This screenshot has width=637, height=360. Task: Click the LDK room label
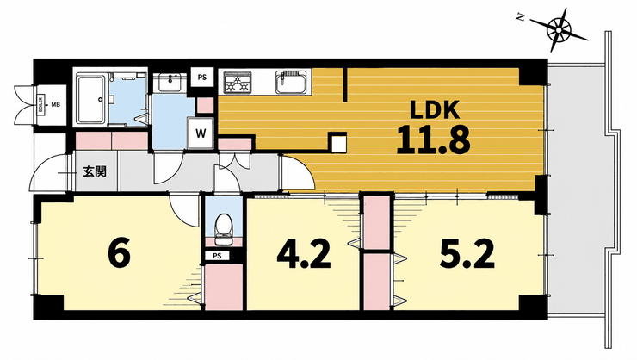pos(435,109)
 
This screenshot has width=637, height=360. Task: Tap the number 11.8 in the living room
pos(434,140)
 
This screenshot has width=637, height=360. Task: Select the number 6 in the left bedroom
pos(120,252)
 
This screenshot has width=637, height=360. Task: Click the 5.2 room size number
pos(467,253)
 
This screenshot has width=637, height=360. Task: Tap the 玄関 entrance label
pos(95,171)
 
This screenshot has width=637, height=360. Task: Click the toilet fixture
pos(223,228)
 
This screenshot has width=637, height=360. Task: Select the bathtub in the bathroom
pos(92,99)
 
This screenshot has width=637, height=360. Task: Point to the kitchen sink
pos(291,83)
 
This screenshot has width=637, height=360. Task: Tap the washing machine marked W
pos(201,133)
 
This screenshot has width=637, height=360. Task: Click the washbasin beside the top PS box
pos(170,83)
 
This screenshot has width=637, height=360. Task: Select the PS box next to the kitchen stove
pos(202,78)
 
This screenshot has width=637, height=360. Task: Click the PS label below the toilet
pos(217,256)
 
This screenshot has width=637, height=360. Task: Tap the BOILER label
pos(41,105)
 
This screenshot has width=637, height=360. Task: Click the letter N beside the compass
pos(519,16)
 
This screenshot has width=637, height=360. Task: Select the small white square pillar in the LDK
pos(337,143)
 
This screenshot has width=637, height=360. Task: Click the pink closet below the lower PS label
pos(223,287)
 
